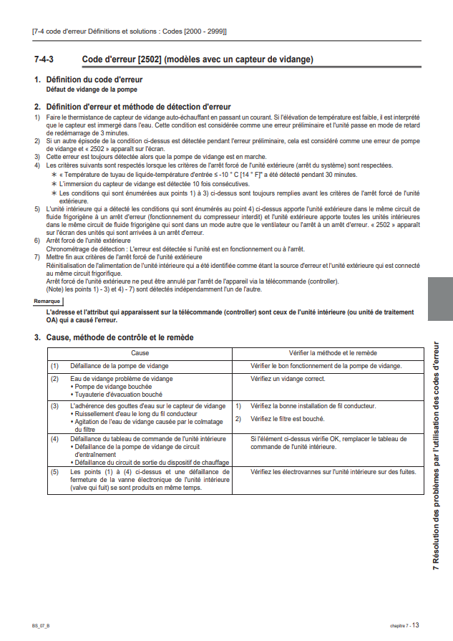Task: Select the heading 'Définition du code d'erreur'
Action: coord(94,79)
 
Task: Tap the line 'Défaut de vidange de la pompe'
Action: coord(92,90)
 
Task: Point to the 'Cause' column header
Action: coord(140,353)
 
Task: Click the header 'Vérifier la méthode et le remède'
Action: coord(327,353)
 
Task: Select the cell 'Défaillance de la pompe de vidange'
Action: coord(120,365)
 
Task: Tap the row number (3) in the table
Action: coord(54,406)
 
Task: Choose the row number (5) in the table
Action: coord(54,472)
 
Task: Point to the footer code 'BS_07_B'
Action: coord(41,625)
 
